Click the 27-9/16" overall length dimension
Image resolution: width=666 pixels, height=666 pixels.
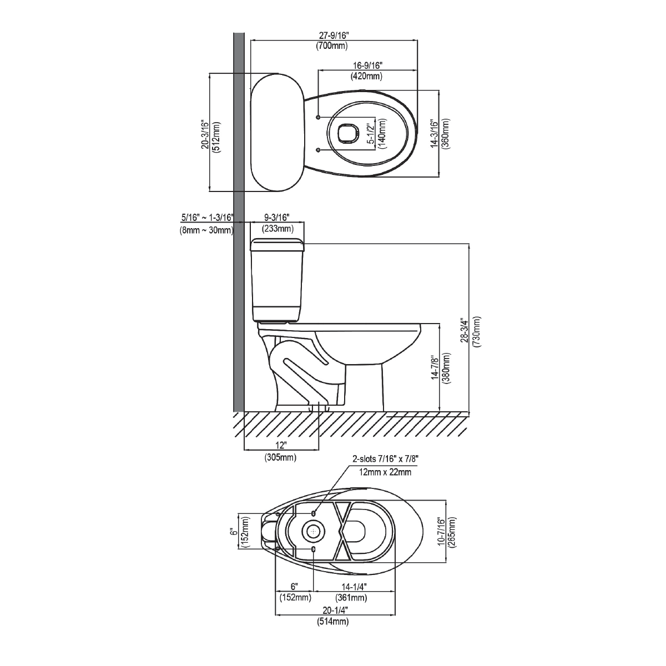(x=334, y=36)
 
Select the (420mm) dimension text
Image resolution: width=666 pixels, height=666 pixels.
(x=367, y=76)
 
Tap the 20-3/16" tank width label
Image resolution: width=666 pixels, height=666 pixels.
(x=206, y=135)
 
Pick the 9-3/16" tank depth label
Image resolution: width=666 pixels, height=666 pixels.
(x=277, y=218)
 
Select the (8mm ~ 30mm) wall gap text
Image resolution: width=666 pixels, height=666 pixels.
(x=206, y=230)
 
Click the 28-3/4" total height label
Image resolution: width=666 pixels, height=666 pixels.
(x=465, y=330)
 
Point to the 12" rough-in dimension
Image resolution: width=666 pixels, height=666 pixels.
(x=281, y=445)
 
